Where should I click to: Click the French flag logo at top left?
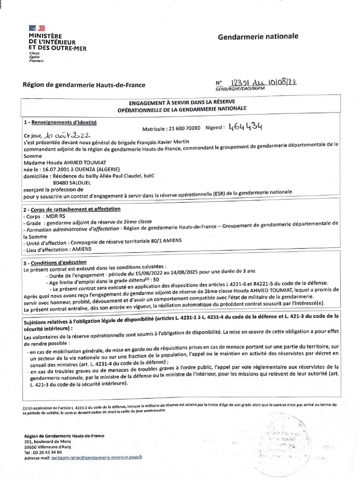click(x=37, y=29)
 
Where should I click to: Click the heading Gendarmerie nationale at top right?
click(x=258, y=37)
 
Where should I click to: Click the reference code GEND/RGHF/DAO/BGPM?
click(x=240, y=89)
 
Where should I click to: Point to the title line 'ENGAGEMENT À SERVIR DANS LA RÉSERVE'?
click(x=182, y=101)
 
